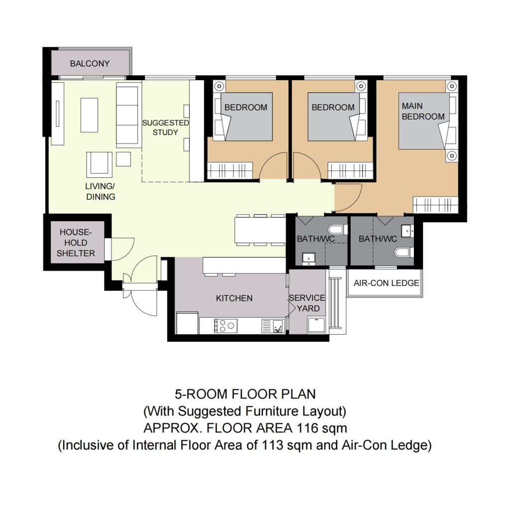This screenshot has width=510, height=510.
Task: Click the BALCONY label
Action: click(90, 63)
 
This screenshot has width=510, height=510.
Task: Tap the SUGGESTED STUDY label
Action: click(165, 127)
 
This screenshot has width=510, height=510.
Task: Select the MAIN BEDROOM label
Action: click(423, 111)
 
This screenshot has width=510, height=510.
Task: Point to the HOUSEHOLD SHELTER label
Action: click(76, 243)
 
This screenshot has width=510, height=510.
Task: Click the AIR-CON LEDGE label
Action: click(386, 283)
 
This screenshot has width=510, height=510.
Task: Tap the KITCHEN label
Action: click(234, 298)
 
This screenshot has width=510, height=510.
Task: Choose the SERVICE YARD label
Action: click(307, 303)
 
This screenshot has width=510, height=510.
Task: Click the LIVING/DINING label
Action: click(101, 192)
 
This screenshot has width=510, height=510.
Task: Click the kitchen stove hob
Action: click(226, 326)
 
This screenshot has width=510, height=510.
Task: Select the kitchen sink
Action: click(273, 326)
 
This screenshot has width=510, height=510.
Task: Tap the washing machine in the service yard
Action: click(316, 325)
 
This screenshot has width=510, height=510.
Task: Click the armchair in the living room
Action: click(99, 164)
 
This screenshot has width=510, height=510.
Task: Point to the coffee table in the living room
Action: click(89, 115)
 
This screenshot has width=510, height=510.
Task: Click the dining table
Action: click(260, 230)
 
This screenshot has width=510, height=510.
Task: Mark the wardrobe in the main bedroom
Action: click(435, 205)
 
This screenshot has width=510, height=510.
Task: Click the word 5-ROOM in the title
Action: click(201, 394)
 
